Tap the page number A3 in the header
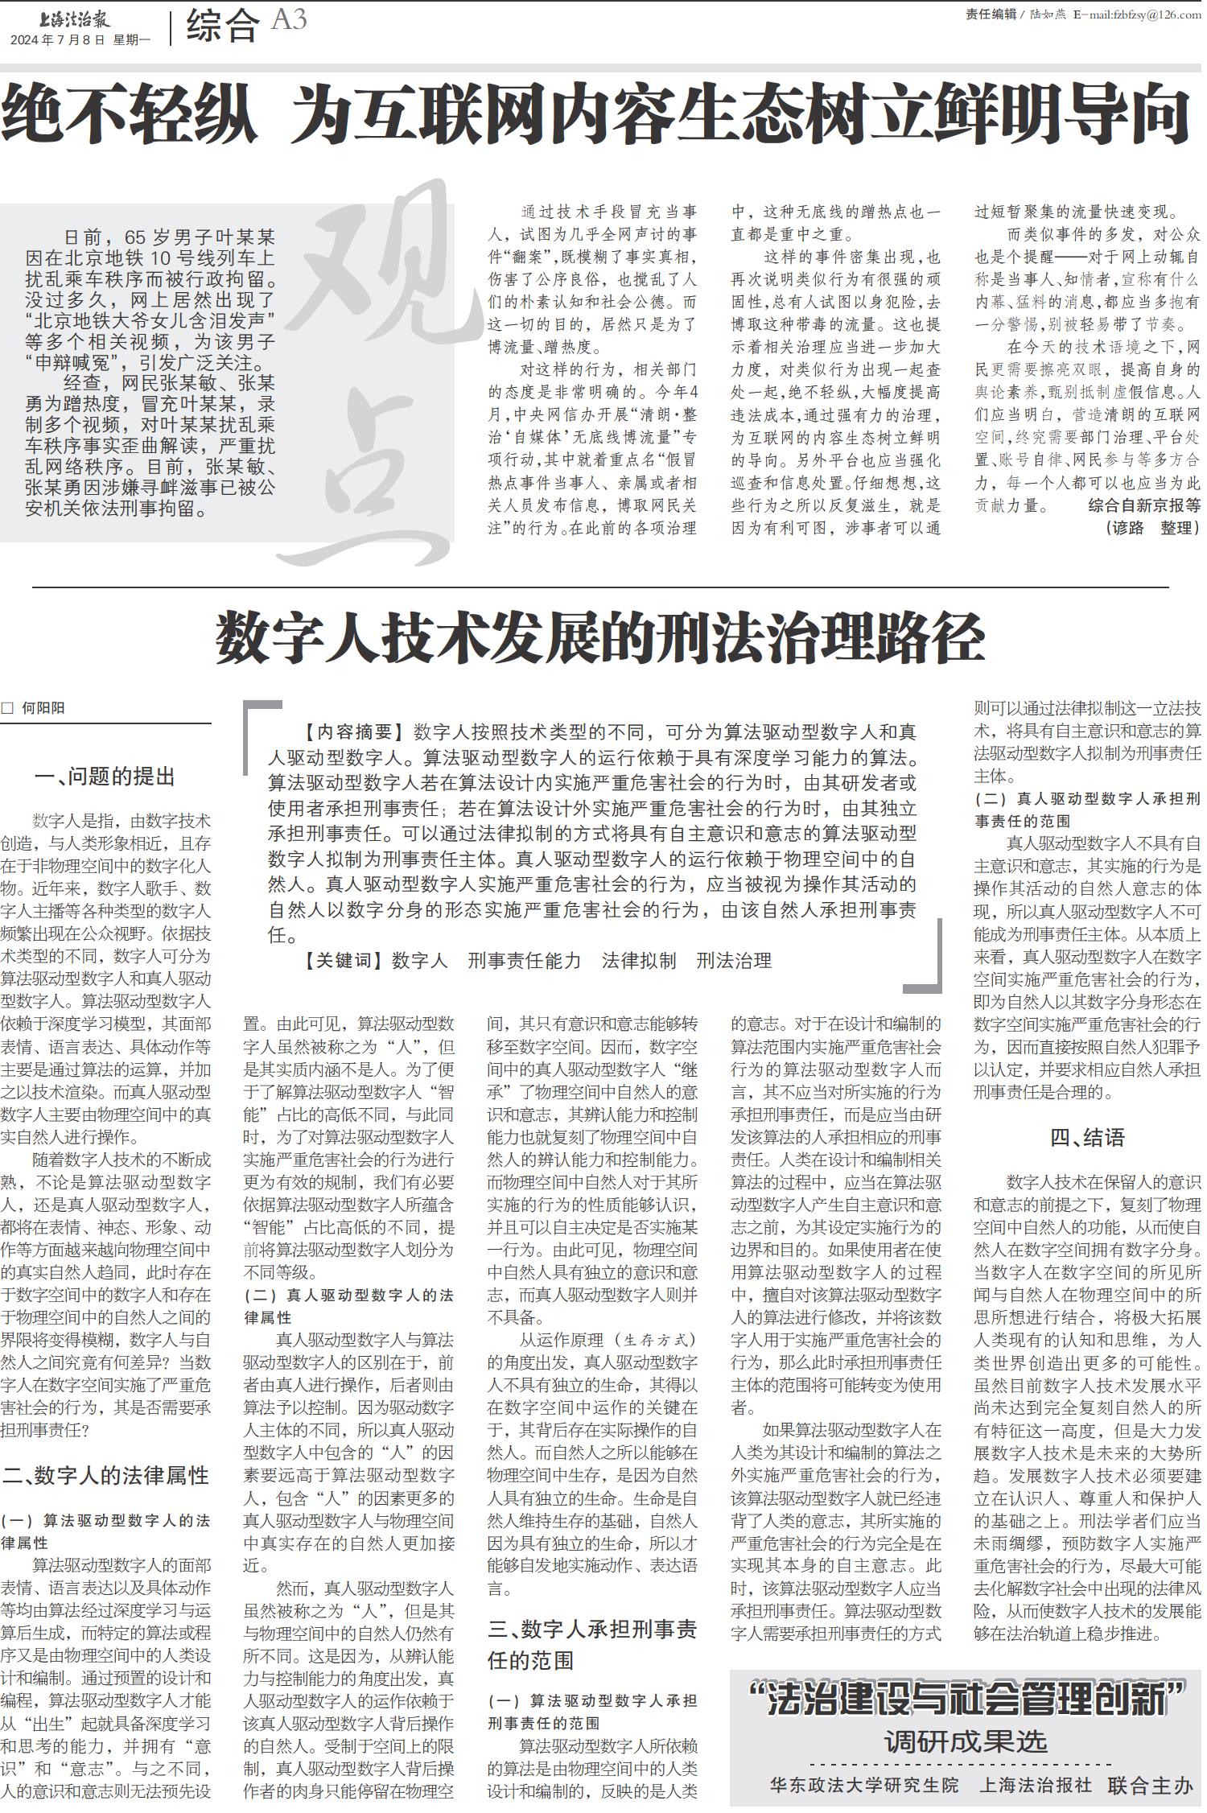point(289,20)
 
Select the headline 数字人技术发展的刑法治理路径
point(600,637)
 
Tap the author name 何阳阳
point(43,708)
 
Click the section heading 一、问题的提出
point(105,777)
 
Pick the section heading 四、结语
point(1086,1137)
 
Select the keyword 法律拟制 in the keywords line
point(639,960)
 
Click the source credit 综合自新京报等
point(1143,505)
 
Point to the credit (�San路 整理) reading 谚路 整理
point(1152,528)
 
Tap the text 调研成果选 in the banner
point(966,1741)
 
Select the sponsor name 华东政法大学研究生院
point(864,1785)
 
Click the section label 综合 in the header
point(223,24)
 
